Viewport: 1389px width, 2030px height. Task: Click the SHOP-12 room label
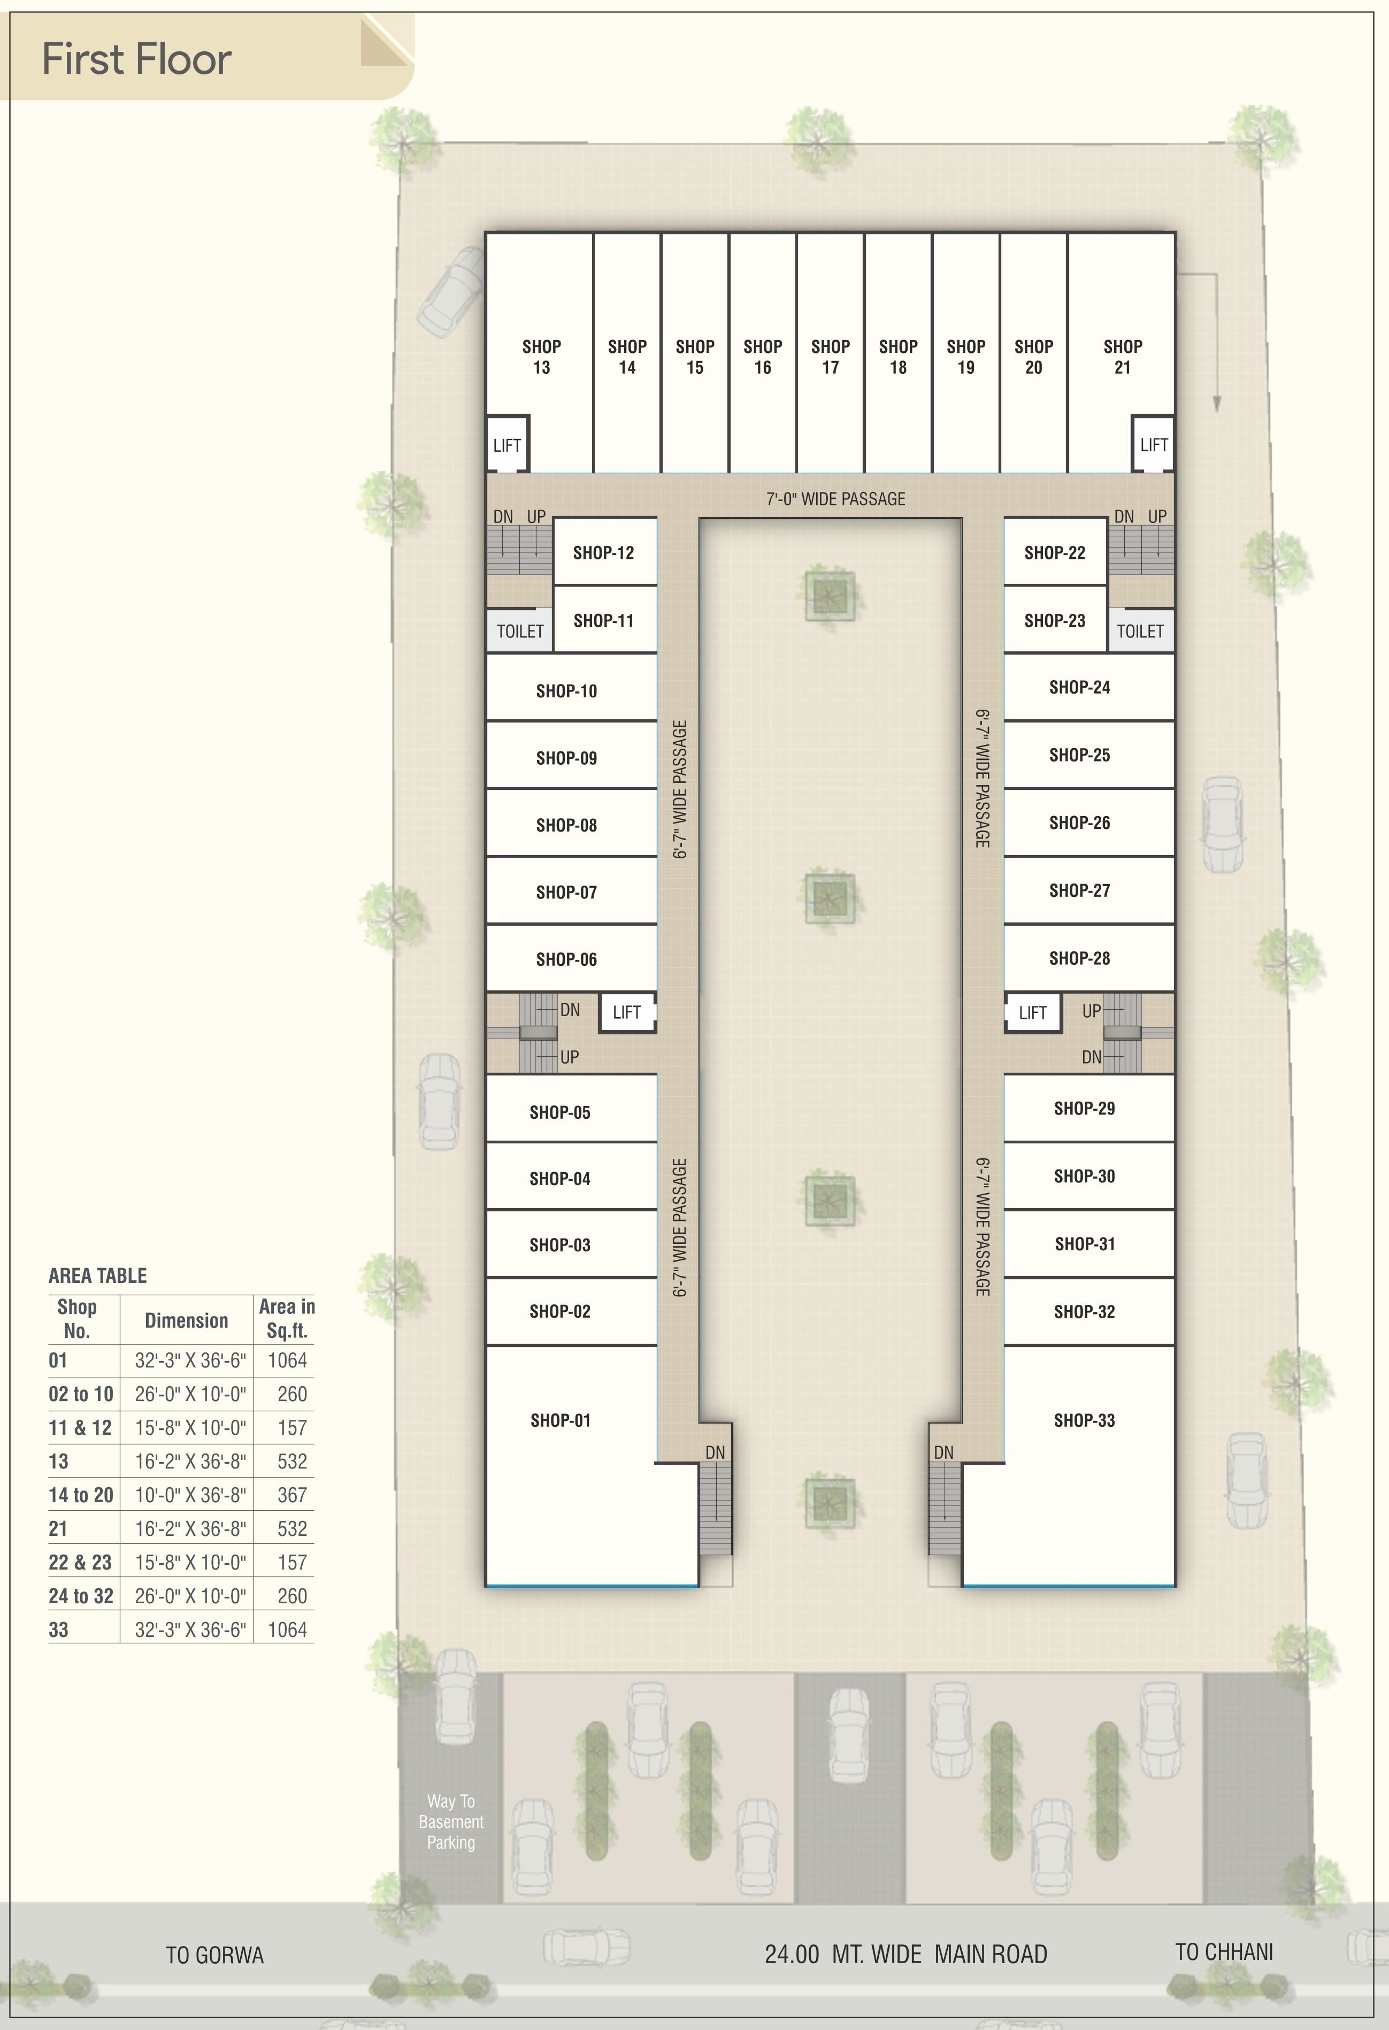click(x=603, y=552)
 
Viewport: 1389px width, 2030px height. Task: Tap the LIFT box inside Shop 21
click(x=1153, y=444)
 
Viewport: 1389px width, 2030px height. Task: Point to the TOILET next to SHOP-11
click(x=520, y=630)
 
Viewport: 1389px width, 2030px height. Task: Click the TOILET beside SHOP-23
click(x=1140, y=630)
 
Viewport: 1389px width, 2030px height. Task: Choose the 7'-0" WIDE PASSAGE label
click(x=835, y=499)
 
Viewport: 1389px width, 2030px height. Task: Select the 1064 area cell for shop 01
click(x=287, y=1360)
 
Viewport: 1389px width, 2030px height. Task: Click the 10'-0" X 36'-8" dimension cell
click(x=189, y=1495)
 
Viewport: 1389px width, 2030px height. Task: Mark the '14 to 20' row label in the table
click(x=80, y=1495)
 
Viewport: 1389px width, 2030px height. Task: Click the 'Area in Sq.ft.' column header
click(x=287, y=1319)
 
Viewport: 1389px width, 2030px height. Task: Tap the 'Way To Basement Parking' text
click(x=451, y=1821)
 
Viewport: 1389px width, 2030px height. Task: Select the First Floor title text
click(x=137, y=59)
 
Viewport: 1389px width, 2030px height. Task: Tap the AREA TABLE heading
click(x=97, y=1275)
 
